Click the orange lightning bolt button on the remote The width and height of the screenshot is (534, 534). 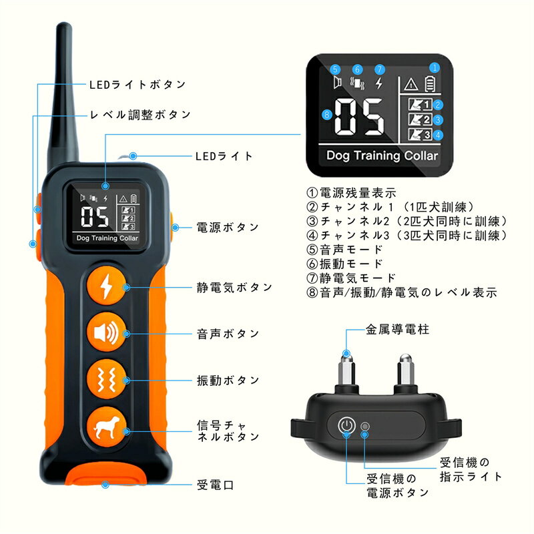pyautogui.click(x=106, y=286)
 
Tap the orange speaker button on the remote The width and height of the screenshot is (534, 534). pyautogui.click(x=106, y=332)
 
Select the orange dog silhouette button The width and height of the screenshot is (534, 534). pyautogui.click(x=106, y=427)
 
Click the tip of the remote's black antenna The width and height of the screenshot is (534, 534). pyautogui.click(x=63, y=25)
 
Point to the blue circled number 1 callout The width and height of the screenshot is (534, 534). pyautogui.click(x=435, y=68)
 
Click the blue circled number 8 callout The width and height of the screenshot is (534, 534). pyautogui.click(x=327, y=114)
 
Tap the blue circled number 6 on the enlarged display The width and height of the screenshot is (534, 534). pyautogui.click(x=357, y=69)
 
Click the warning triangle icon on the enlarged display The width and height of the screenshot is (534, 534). pyautogui.click(x=411, y=84)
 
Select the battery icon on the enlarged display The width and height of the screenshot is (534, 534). pyautogui.click(x=430, y=84)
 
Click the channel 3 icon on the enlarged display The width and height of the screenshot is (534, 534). pyautogui.click(x=420, y=135)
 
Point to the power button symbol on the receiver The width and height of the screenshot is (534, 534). pyautogui.click(x=346, y=425)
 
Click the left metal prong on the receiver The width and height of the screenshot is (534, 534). pyautogui.click(x=346, y=372)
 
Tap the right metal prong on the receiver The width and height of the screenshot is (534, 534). pyautogui.click(x=406, y=372)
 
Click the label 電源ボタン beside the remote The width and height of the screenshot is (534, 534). pyautogui.click(x=228, y=228)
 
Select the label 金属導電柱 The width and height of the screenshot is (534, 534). pyautogui.click(x=397, y=330)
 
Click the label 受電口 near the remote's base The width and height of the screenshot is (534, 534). pyautogui.click(x=215, y=485)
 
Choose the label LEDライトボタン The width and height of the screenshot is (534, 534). pyautogui.click(x=138, y=85)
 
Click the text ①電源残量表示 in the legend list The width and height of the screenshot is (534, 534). pyautogui.click(x=352, y=193)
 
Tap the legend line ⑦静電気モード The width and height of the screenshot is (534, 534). pyautogui.click(x=351, y=278)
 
